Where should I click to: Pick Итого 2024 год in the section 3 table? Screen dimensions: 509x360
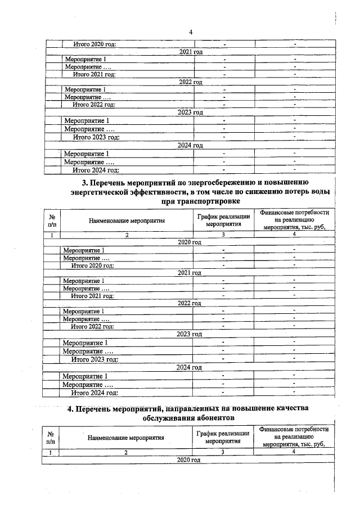(94, 393)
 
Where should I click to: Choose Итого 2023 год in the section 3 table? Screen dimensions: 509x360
(94, 359)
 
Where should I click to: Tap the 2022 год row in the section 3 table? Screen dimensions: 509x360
(190, 303)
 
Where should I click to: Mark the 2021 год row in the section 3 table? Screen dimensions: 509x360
(190, 273)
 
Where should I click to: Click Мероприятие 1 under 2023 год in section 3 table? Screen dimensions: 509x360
(85, 343)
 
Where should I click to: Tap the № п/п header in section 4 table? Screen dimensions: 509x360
(51, 438)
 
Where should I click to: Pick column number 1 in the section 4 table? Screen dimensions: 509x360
(51, 452)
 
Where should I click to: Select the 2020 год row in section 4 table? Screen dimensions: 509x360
(188, 460)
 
